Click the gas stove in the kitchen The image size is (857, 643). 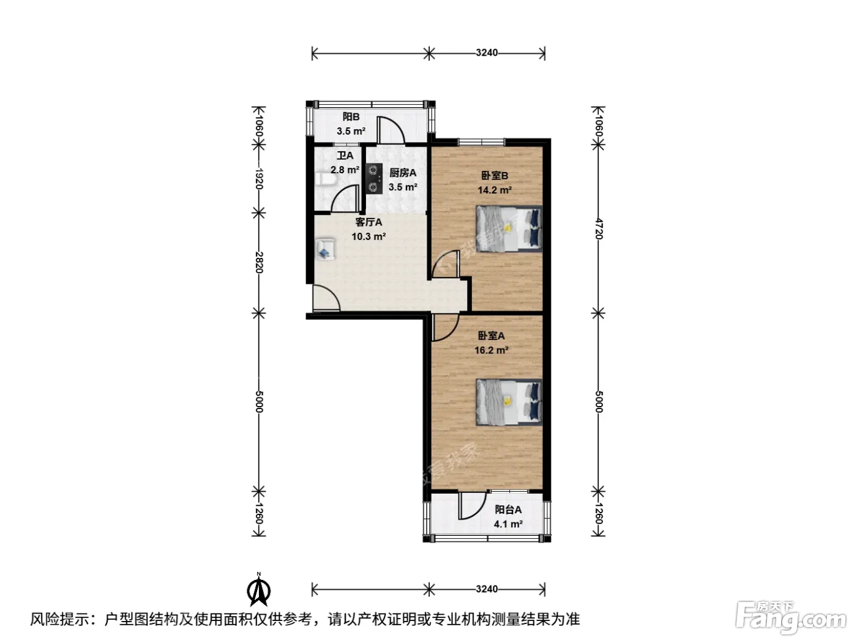(373, 178)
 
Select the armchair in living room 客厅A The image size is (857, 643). (325, 249)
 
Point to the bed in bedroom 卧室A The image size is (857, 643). (509, 402)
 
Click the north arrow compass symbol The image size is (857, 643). (258, 590)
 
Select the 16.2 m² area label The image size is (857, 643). (491, 350)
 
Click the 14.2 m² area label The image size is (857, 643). (495, 190)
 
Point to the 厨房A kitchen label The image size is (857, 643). (403, 173)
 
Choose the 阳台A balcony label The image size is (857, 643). (508, 510)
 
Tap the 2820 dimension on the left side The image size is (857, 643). (259, 262)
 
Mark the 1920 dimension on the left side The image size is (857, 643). (259, 179)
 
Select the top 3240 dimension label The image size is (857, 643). (487, 52)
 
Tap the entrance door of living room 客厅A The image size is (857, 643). (326, 299)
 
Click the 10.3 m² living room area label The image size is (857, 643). (369, 236)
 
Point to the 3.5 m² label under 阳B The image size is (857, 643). (351, 131)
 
